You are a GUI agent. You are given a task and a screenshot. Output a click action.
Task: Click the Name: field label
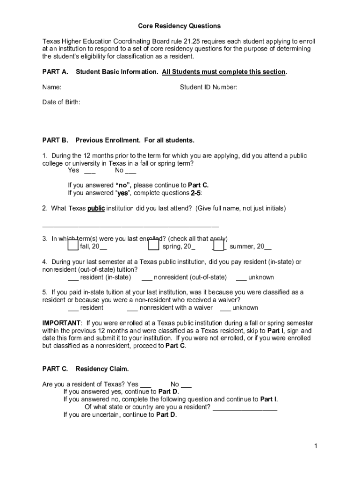click(x=52, y=87)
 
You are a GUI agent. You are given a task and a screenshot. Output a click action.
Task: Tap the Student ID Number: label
click(x=209, y=87)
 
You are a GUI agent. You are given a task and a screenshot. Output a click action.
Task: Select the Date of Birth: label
click(x=61, y=102)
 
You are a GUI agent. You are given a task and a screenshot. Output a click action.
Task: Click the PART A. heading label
click(x=55, y=72)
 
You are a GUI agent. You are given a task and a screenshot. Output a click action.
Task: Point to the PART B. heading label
click(x=55, y=140)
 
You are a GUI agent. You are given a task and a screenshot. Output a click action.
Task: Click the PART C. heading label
click(x=55, y=369)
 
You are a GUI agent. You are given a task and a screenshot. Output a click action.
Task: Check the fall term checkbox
click(x=72, y=245)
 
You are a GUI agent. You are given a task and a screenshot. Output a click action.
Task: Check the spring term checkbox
click(x=154, y=245)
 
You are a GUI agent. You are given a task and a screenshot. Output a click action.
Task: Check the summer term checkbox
click(x=218, y=245)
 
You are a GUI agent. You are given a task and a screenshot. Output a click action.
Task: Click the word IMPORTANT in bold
click(x=61, y=323)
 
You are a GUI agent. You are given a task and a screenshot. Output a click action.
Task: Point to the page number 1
click(x=316, y=446)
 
